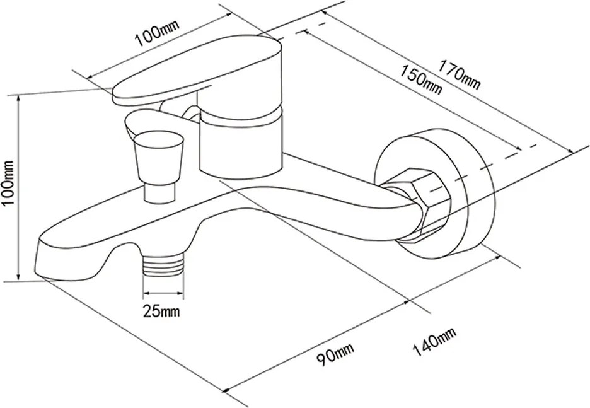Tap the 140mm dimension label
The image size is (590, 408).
[x=433, y=344]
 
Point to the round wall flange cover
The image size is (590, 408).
[x=466, y=189]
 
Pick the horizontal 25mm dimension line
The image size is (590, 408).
[x=163, y=293]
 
